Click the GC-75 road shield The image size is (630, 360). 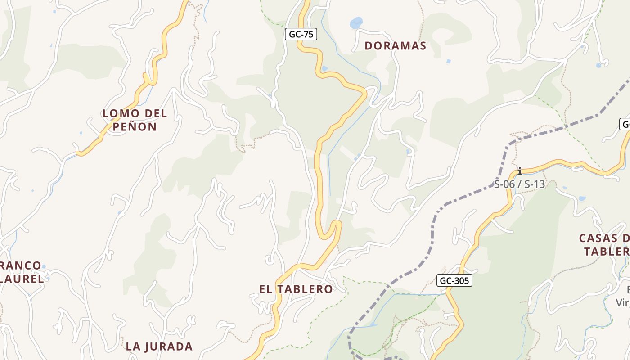301,34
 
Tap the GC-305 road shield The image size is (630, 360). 454,281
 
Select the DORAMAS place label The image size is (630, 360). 395,46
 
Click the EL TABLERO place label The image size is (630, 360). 296,289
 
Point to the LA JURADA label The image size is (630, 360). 159,346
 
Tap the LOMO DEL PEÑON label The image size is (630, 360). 135,120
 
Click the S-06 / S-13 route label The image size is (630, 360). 519,184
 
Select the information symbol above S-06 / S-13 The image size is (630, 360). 520,171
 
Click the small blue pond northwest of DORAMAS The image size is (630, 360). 356,22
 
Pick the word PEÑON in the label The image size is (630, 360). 135,127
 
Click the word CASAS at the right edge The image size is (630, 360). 598,238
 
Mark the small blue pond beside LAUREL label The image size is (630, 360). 44,267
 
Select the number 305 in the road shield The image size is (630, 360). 461,281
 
